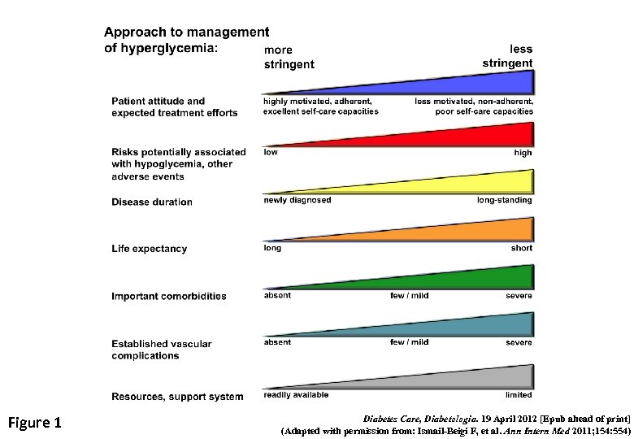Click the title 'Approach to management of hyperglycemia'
186,40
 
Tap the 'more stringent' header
289,58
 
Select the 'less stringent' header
507,56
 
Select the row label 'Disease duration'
152,202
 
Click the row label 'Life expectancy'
149,249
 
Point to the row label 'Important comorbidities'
169,296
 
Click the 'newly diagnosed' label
297,200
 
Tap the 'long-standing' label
504,200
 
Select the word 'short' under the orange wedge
521,248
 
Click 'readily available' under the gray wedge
296,394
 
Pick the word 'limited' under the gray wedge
519,394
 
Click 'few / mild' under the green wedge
409,295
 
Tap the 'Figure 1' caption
34,422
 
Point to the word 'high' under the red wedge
523,152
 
